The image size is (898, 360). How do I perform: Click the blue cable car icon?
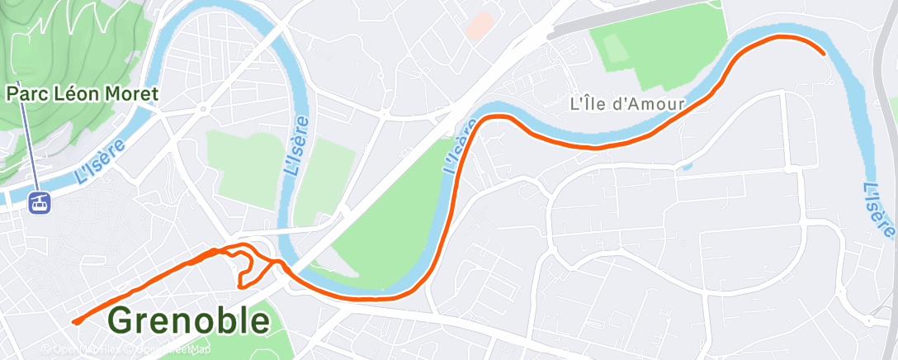click(x=39, y=201)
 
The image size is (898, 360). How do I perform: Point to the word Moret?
click(x=133, y=93)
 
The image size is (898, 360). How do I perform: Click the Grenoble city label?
click(x=189, y=320)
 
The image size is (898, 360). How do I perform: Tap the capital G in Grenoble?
click(x=122, y=320)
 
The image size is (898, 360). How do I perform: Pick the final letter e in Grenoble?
click(x=259, y=322)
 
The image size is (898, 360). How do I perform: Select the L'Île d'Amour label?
click(x=627, y=104)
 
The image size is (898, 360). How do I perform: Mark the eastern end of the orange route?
click(x=824, y=53)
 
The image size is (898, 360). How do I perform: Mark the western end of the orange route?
click(x=74, y=322)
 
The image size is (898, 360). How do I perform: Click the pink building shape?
click(x=480, y=25)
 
